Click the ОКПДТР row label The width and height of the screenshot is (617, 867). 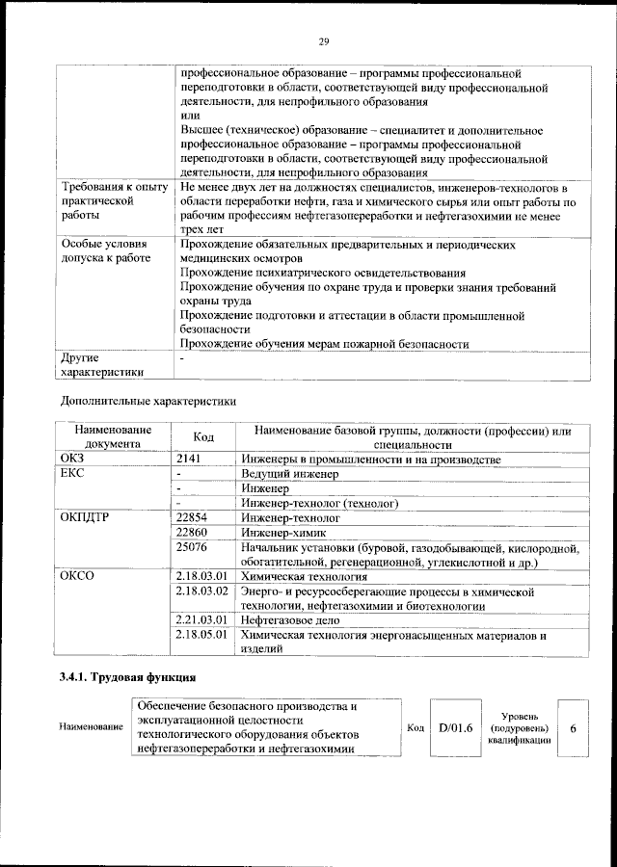pyautogui.click(x=88, y=517)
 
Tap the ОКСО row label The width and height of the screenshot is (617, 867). pyautogui.click(x=78, y=576)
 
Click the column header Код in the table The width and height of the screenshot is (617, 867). pyautogui.click(x=203, y=436)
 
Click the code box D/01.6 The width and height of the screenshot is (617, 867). pyautogui.click(x=455, y=726)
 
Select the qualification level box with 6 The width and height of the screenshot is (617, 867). pyautogui.click(x=573, y=726)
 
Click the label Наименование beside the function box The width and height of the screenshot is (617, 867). pyautogui.click(x=91, y=726)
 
